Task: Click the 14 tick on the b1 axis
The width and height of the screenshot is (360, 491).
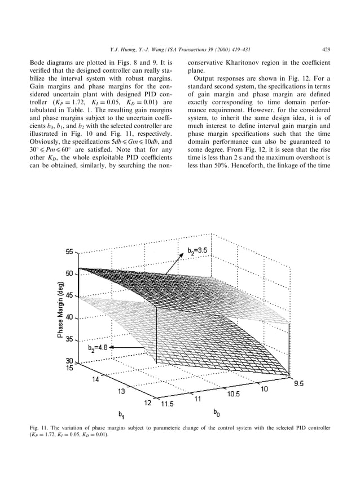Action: (98, 379)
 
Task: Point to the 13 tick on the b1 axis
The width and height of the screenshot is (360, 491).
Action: (122, 391)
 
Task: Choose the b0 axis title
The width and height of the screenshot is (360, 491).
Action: (217, 414)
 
